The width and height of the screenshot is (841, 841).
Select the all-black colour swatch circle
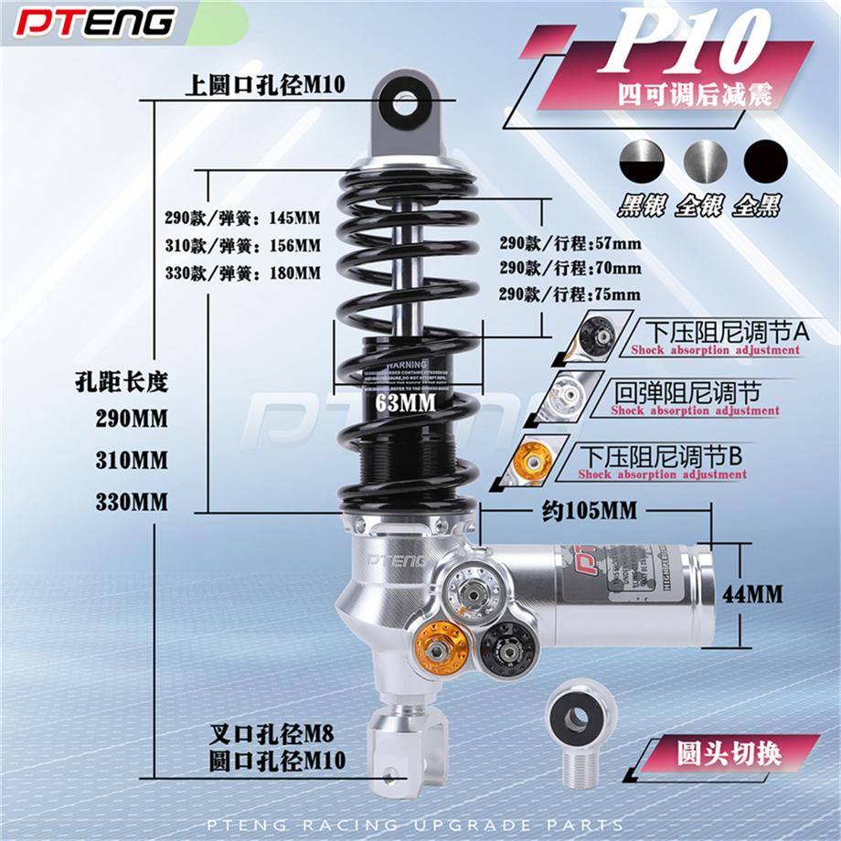coord(765,164)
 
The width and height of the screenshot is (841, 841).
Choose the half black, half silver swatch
coord(642,164)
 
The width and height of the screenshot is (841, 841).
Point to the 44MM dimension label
coord(752,594)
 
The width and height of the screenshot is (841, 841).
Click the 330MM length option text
coord(133,502)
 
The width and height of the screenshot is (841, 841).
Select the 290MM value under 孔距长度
coord(133,419)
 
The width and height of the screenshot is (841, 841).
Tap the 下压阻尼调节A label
coord(728,332)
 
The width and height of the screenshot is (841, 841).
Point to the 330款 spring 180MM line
coord(243,272)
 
